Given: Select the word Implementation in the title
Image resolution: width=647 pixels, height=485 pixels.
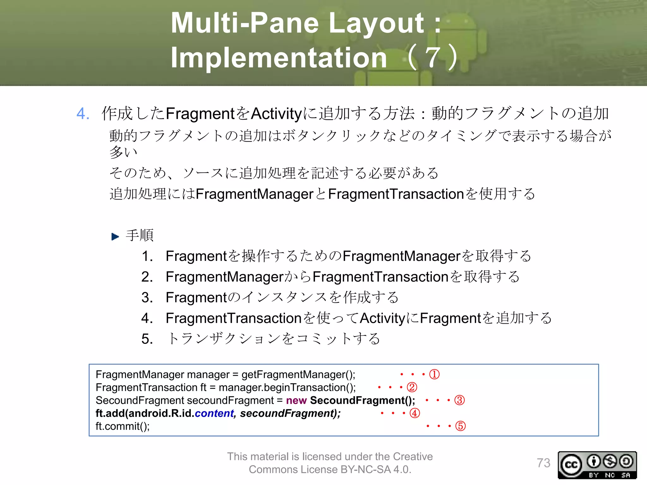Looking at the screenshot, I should [x=279, y=57].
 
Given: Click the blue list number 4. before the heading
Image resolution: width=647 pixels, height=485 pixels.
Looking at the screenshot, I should [x=83, y=113].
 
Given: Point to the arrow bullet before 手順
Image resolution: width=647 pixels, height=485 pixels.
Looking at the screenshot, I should [x=115, y=237].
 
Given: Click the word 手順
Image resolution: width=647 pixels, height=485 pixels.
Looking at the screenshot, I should [x=140, y=236].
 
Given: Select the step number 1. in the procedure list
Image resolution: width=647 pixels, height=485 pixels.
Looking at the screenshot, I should [x=147, y=256].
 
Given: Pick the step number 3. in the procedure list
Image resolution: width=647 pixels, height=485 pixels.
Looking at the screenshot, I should [x=147, y=297].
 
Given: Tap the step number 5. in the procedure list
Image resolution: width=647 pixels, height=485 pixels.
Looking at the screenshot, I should [x=147, y=339].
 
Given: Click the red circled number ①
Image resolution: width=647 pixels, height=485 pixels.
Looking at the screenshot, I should [x=434, y=374].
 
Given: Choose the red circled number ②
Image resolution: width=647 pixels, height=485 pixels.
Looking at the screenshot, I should [x=412, y=387].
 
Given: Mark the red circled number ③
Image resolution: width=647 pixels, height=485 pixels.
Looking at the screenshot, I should [x=459, y=400].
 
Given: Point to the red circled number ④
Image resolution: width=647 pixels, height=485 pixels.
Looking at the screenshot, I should [x=415, y=413].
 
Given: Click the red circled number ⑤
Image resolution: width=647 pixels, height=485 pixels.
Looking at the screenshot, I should [x=460, y=426].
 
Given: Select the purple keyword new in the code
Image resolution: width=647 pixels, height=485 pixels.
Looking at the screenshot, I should [x=296, y=400].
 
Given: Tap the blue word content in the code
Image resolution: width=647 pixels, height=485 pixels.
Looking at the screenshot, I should [x=214, y=413].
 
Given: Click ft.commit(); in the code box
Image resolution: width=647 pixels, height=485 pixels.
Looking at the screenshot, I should [x=123, y=426].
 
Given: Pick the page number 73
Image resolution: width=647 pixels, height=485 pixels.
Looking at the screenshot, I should [x=543, y=463].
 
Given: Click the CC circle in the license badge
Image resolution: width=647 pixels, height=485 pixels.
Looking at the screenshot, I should [x=571, y=465].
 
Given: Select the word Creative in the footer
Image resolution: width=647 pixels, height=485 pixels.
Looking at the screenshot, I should [x=413, y=457].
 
